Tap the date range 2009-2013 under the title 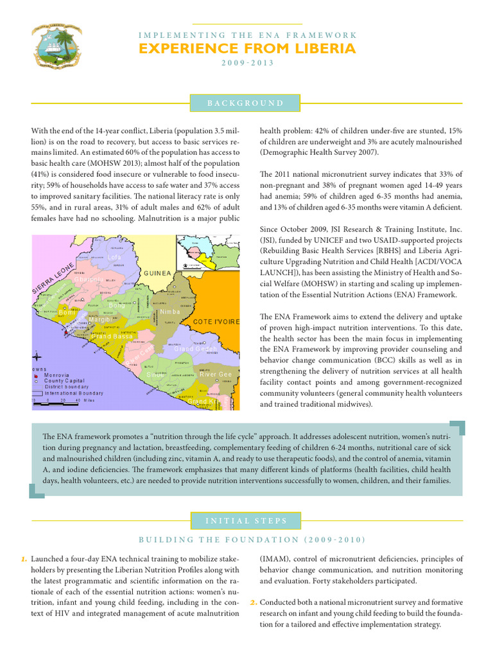(247, 63)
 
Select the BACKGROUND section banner (246, 103)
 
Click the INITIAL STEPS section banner (246, 520)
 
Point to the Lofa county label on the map (114, 258)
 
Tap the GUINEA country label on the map (157, 273)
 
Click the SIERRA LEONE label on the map (53, 278)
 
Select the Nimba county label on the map (169, 312)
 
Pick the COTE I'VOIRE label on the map (216, 321)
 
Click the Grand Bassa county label (114, 337)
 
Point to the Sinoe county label (156, 374)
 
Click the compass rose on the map (38, 357)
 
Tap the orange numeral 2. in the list (253, 603)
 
